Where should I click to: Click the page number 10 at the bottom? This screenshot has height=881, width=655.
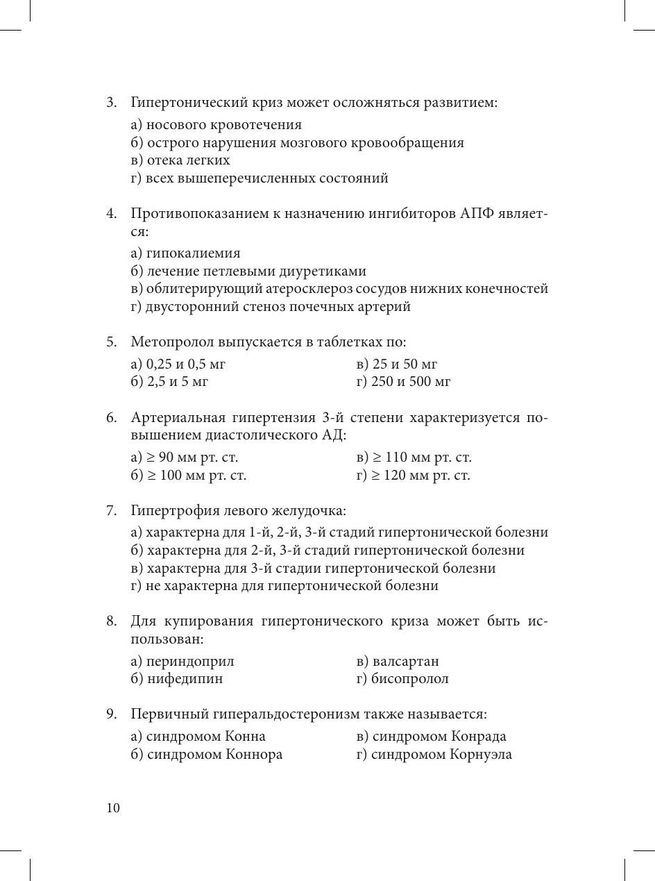pos(113,808)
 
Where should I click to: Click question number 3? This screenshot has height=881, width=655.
pos(111,103)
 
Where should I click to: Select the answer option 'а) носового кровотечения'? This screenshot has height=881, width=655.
pos(216,125)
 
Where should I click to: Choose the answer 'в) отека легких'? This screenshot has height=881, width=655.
pos(180,160)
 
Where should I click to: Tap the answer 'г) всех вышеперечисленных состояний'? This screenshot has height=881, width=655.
pos(259,178)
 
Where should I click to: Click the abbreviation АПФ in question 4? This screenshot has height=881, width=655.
pos(477,213)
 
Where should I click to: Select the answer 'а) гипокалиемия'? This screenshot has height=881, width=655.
pos(185,253)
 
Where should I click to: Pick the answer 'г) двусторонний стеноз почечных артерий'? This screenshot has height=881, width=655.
pos(271,307)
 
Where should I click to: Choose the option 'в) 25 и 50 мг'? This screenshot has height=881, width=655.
pos(396,364)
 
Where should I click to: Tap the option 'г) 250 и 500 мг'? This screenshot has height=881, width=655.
pos(403,382)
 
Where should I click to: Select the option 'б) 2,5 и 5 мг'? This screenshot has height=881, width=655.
pos(169,382)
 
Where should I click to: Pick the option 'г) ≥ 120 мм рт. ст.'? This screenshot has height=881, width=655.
pos(413,476)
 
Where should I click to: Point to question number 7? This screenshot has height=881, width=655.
pos(111,511)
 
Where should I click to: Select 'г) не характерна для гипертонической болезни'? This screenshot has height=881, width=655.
pos(284,586)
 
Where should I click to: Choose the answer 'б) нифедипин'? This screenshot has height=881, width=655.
pos(177,679)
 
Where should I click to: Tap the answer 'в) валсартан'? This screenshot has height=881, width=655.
pos(398,662)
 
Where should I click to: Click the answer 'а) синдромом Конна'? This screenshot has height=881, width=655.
pos(198,737)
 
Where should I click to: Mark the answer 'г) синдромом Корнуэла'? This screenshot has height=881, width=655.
pos(434,755)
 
